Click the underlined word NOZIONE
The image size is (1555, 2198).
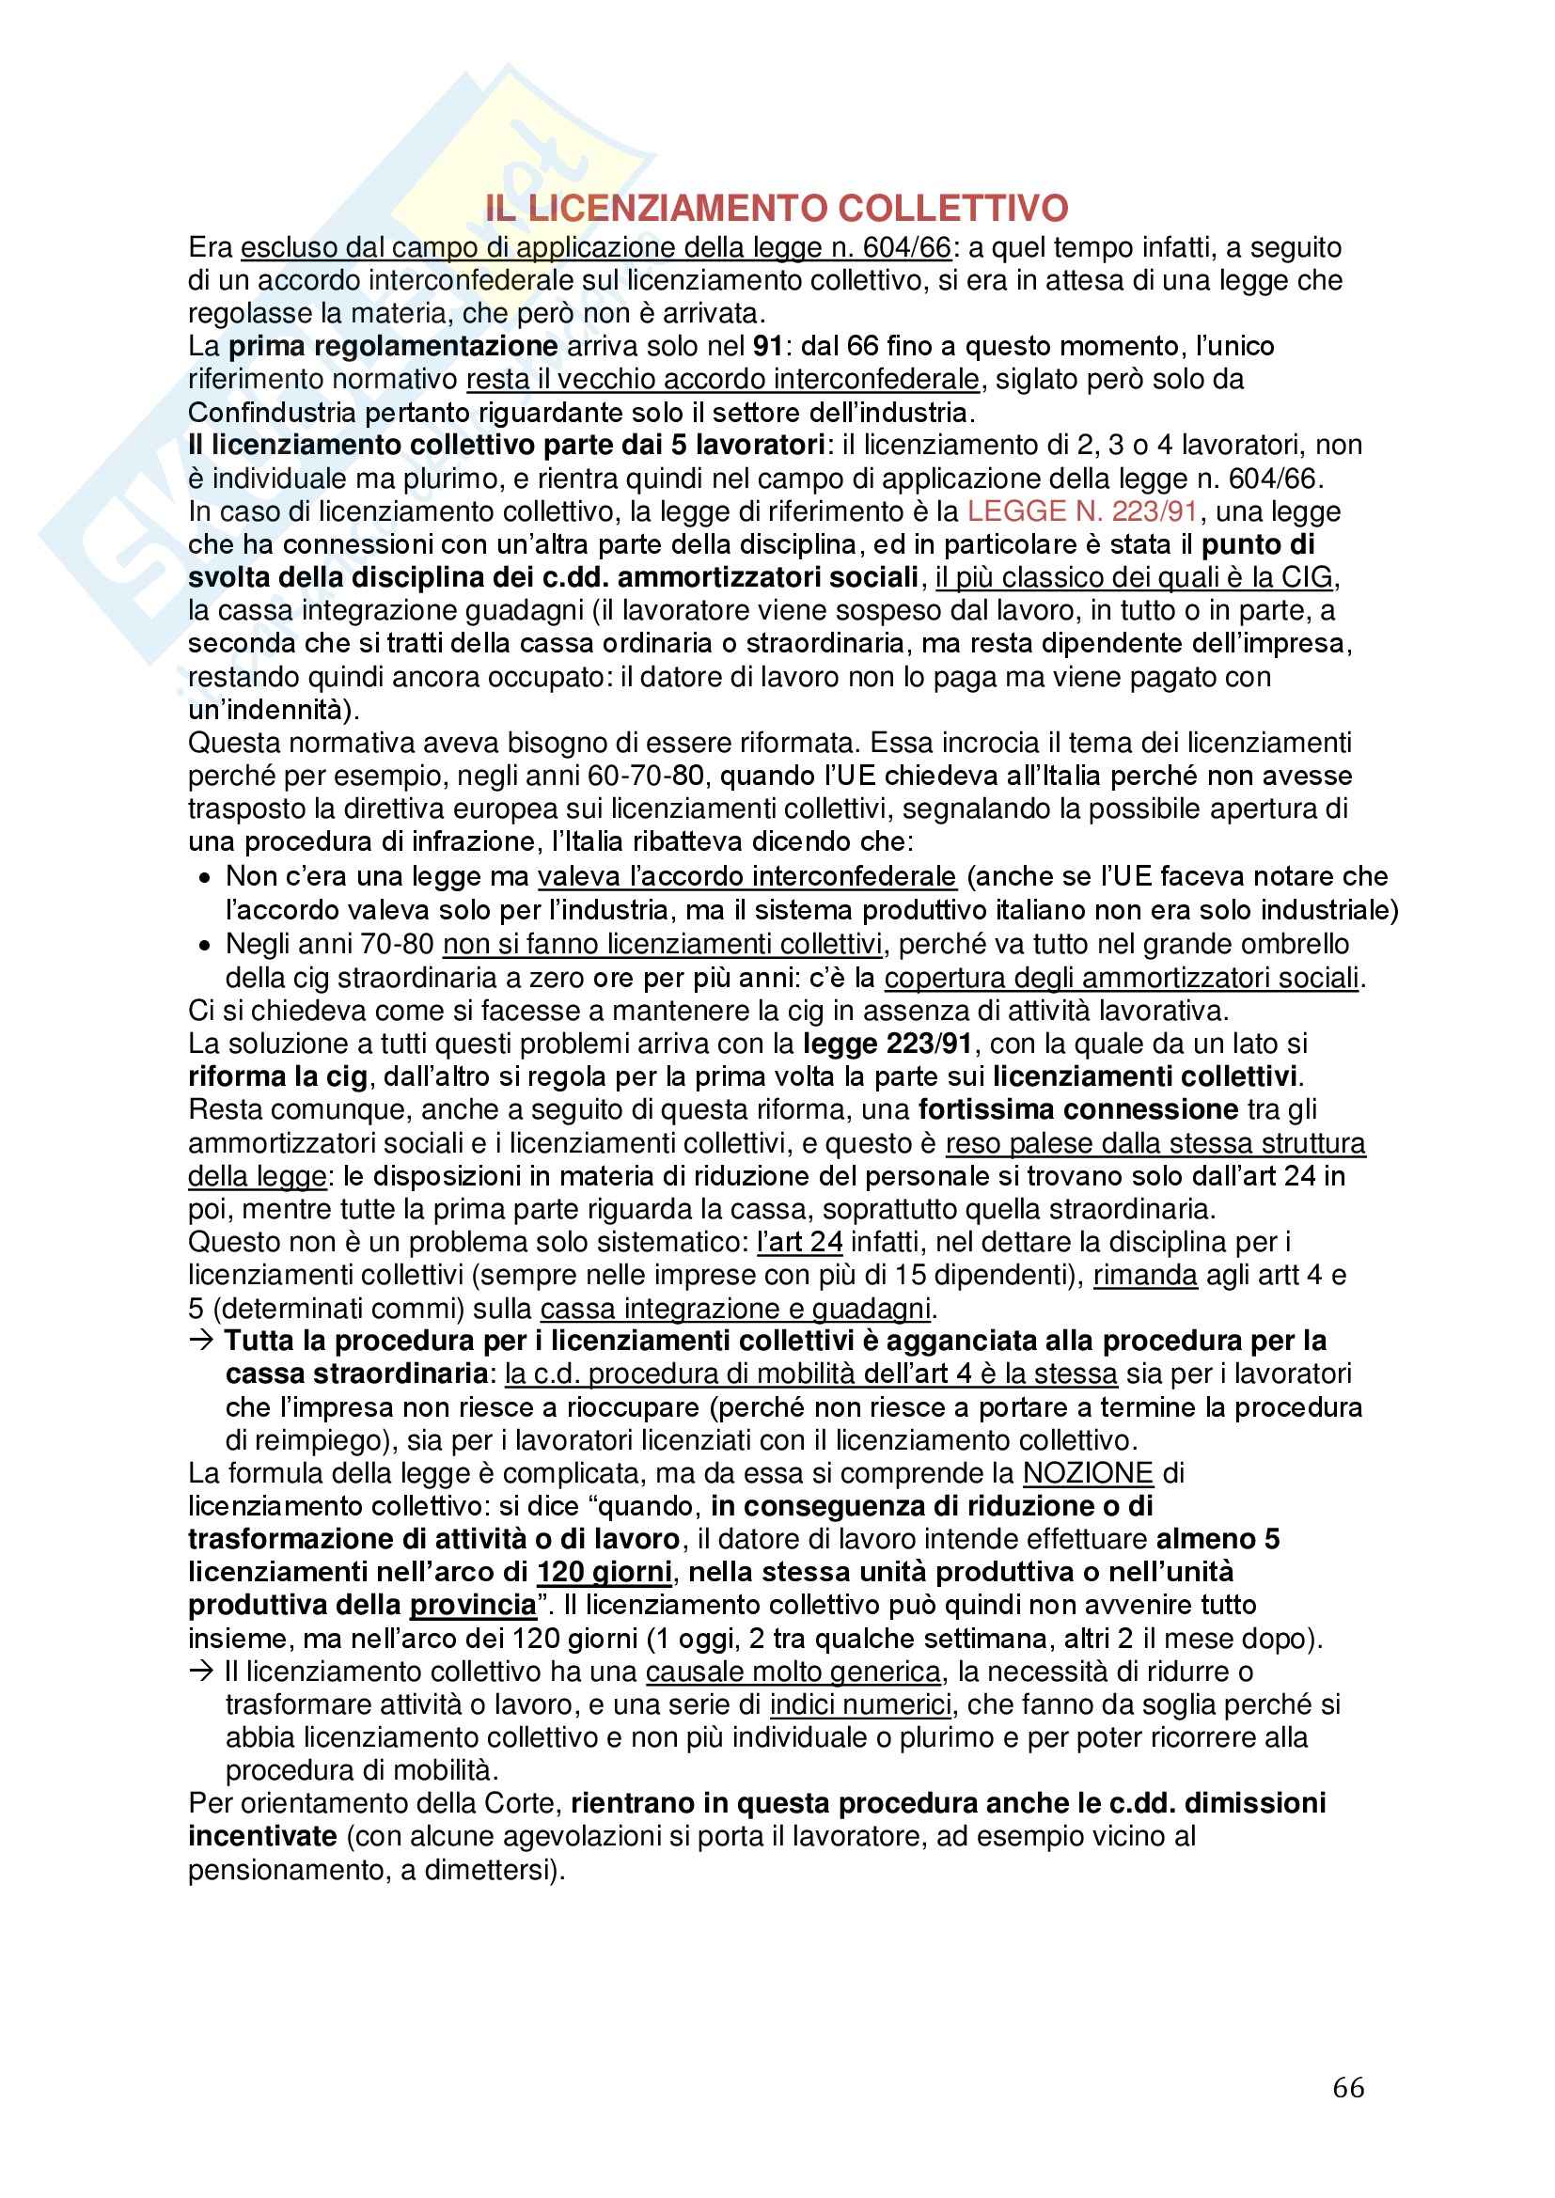1089,1473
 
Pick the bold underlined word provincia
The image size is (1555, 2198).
473,1606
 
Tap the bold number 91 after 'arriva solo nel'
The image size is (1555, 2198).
768,346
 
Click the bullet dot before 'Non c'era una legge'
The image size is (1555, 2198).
204,878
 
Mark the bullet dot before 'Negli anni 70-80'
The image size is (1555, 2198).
204,945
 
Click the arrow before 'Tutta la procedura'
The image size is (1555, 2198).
201,1341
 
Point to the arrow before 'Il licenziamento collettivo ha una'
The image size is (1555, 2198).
201,1672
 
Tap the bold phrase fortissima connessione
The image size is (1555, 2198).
1079,1109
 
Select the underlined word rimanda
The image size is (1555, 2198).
1145,1275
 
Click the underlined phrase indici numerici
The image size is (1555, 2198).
860,1705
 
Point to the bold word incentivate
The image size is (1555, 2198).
262,1836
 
